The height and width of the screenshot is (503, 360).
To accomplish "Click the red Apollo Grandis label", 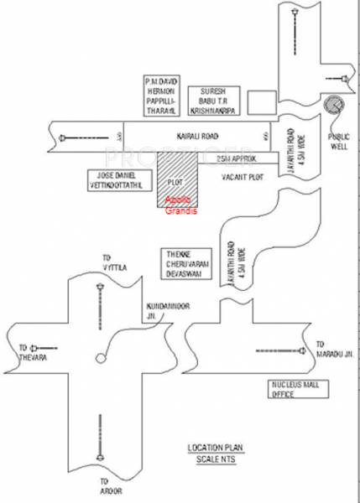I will click(x=178, y=203).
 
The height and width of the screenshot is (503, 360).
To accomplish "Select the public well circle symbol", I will click(x=334, y=105).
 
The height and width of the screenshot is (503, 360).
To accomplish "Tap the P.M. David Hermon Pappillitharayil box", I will click(x=163, y=94).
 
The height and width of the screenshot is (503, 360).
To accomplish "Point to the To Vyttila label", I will click(x=108, y=262).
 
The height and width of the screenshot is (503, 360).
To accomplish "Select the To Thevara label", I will click(x=29, y=354).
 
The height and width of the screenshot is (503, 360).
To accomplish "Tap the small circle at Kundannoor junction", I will click(x=101, y=359).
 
